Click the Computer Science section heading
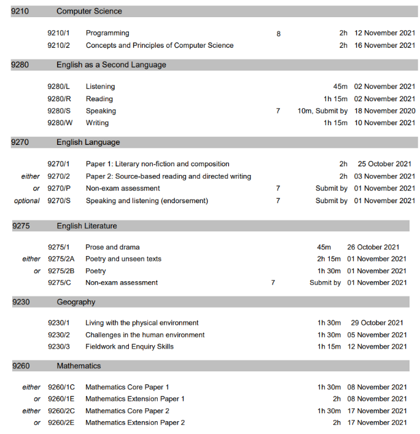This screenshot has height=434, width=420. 89,11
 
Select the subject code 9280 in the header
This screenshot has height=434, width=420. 20,64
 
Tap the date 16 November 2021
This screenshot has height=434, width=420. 384,45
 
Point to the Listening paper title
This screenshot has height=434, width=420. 100,87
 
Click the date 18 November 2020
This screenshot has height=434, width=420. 384,111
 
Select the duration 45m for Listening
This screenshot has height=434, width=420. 340,87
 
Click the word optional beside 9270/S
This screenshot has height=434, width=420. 27,201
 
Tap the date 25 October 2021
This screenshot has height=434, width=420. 384,165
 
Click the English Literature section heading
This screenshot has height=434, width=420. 87,226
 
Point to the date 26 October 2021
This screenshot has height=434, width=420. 376,247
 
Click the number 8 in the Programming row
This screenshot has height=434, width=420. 278,34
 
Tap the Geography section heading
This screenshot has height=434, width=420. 76,302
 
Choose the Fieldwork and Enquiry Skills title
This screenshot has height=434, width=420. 130,347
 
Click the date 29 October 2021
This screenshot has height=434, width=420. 376,323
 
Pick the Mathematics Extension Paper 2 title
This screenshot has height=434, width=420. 135,423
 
